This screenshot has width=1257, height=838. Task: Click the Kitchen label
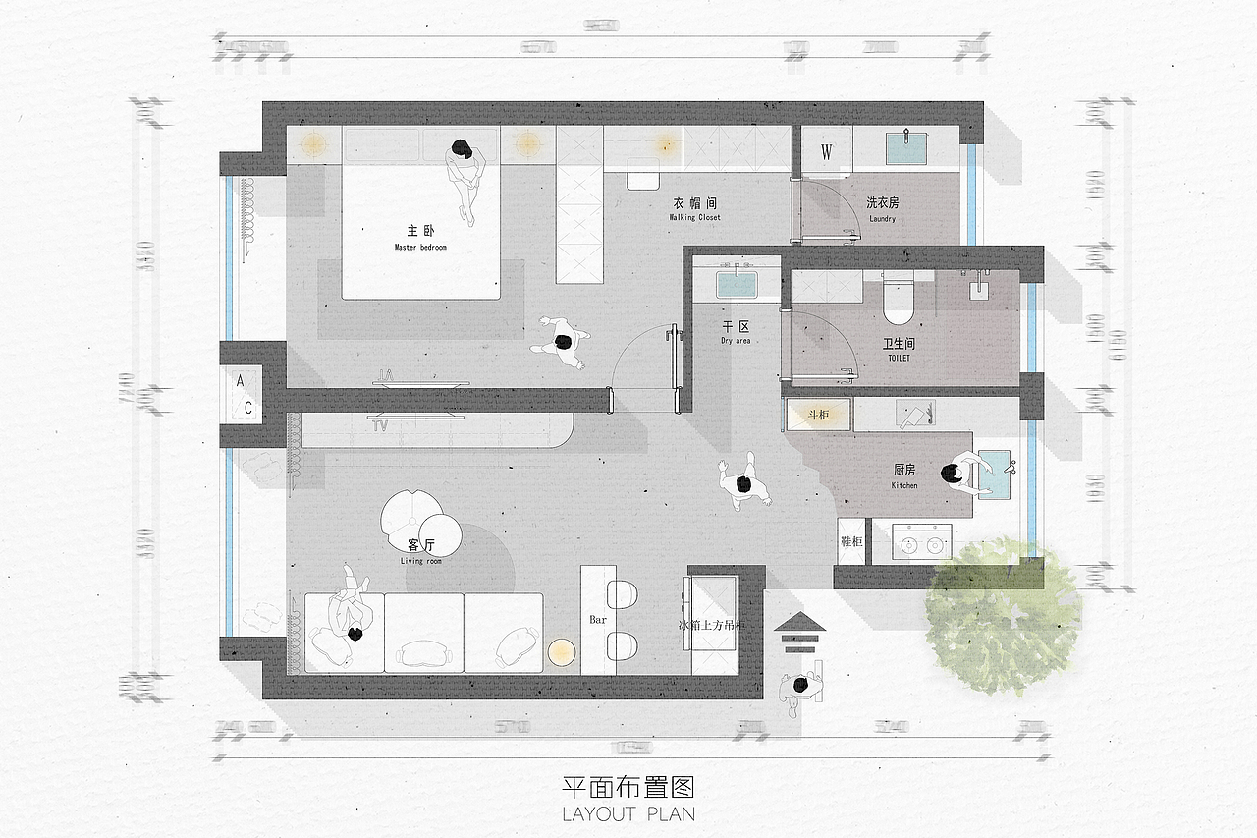[x=904, y=475]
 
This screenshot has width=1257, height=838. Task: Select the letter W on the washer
[x=827, y=152]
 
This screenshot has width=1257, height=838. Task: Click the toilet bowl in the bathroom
[x=899, y=301]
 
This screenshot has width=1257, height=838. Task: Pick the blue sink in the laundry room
[x=905, y=148]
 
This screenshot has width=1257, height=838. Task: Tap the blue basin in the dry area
[x=736, y=284]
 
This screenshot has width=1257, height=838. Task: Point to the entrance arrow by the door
[x=801, y=632]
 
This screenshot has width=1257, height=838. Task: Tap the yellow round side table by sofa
[x=561, y=652]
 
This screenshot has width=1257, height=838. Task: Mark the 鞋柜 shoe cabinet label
[x=850, y=541]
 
